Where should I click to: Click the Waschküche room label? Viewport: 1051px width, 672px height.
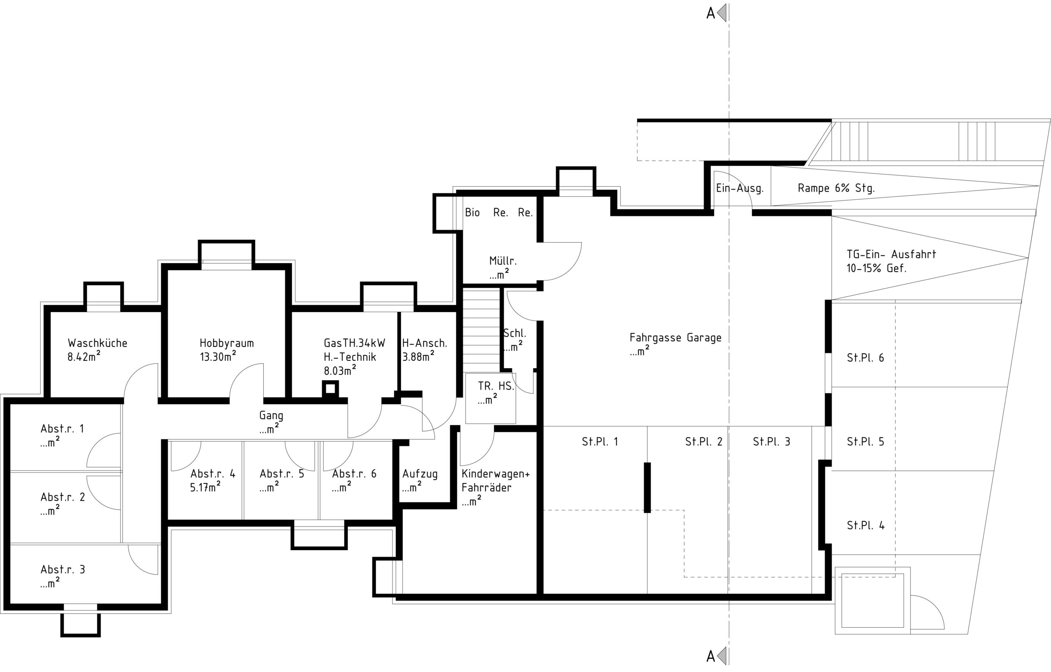pyautogui.click(x=97, y=343)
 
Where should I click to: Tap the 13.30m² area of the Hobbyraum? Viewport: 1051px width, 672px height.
pyautogui.click(x=218, y=356)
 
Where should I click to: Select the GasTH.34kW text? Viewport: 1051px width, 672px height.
pyautogui.click(x=354, y=343)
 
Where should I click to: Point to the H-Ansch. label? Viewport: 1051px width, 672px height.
pyautogui.click(x=425, y=344)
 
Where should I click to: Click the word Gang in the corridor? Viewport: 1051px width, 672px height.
pyautogui.click(x=271, y=416)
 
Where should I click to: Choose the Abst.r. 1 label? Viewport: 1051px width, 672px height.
pyautogui.click(x=62, y=429)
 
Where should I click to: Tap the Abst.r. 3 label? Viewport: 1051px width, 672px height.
pyautogui.click(x=63, y=569)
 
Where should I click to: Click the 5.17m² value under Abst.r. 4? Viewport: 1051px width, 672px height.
pyautogui.click(x=205, y=487)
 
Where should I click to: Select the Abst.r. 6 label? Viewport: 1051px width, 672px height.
pyautogui.click(x=354, y=474)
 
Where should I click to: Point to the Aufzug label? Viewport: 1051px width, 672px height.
pyautogui.click(x=420, y=474)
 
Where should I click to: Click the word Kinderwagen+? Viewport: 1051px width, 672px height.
pyautogui.click(x=496, y=474)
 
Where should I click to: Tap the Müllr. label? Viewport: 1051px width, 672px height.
pyautogui.click(x=503, y=261)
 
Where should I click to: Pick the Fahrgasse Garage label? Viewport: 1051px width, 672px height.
pyautogui.click(x=675, y=337)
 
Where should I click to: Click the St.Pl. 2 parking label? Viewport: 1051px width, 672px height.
pyautogui.click(x=704, y=442)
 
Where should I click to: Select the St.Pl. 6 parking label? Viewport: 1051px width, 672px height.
pyautogui.click(x=865, y=358)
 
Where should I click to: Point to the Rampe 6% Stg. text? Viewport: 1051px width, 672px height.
pyautogui.click(x=836, y=188)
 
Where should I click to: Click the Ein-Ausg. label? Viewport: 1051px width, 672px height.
pyautogui.click(x=740, y=188)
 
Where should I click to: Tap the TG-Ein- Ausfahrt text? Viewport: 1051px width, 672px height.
pyautogui.click(x=891, y=254)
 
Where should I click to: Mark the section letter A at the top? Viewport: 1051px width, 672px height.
pyautogui.click(x=711, y=14)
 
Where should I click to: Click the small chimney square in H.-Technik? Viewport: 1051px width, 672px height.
pyautogui.click(x=330, y=388)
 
